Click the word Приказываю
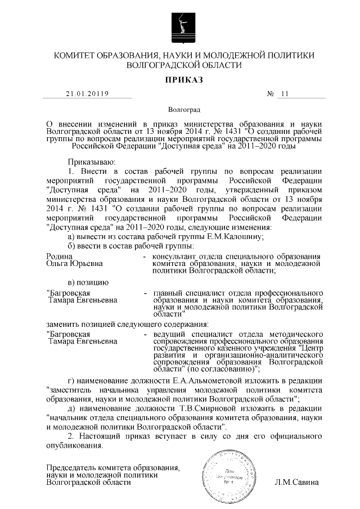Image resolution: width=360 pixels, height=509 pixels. [x=91, y=160]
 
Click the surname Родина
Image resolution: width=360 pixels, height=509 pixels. [x=58, y=256]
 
